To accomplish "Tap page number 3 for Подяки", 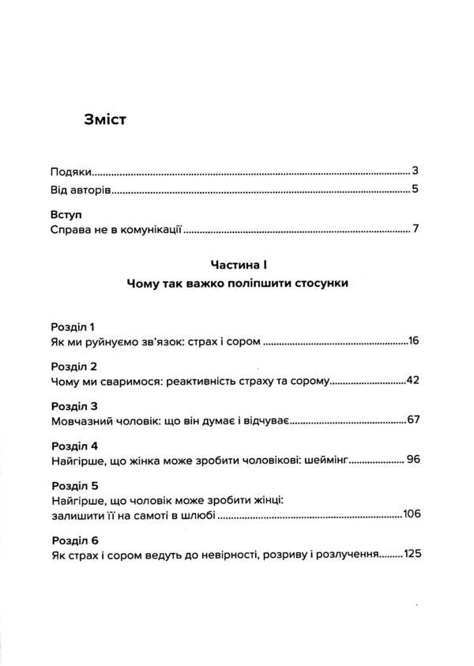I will (x=414, y=171).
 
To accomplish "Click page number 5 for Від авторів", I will (x=414, y=190).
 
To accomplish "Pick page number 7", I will (x=414, y=230).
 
